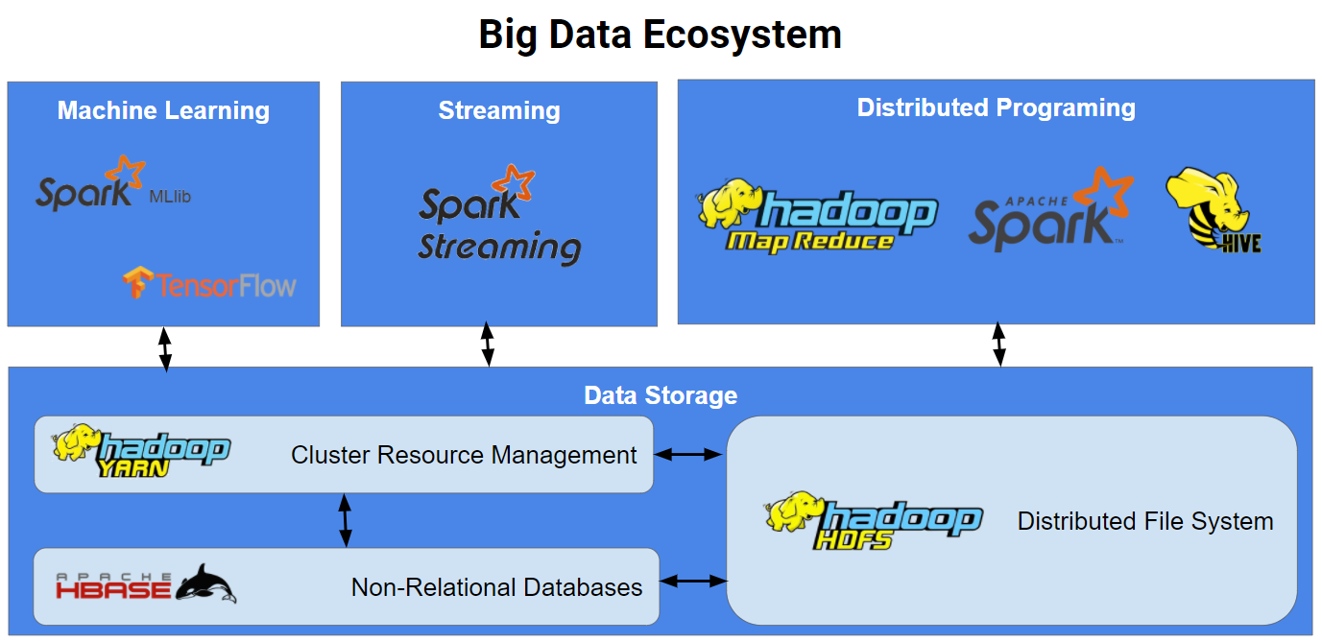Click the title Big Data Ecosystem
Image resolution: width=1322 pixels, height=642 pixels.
coord(661,36)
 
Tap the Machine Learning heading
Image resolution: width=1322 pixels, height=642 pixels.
coord(163,110)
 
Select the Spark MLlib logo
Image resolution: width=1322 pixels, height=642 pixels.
coord(113,184)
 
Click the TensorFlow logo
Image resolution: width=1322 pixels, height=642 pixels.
coord(209,284)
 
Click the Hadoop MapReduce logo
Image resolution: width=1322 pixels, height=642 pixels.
coord(817,215)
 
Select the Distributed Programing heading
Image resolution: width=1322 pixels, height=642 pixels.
coord(996,107)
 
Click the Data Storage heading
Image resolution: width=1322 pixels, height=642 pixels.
coord(661,395)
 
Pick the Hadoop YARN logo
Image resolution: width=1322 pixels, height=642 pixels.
coord(141,451)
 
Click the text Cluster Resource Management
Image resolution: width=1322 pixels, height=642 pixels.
coord(464,455)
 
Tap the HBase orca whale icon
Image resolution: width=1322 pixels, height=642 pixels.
coord(205,583)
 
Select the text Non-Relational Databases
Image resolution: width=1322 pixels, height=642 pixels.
coord(496,587)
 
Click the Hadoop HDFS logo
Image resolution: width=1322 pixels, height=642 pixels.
coord(873,521)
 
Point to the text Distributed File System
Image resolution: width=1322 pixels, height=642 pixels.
coord(1145,521)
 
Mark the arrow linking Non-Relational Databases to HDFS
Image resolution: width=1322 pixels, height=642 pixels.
coord(694,581)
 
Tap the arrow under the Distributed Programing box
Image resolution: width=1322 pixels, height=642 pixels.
coord(999,345)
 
